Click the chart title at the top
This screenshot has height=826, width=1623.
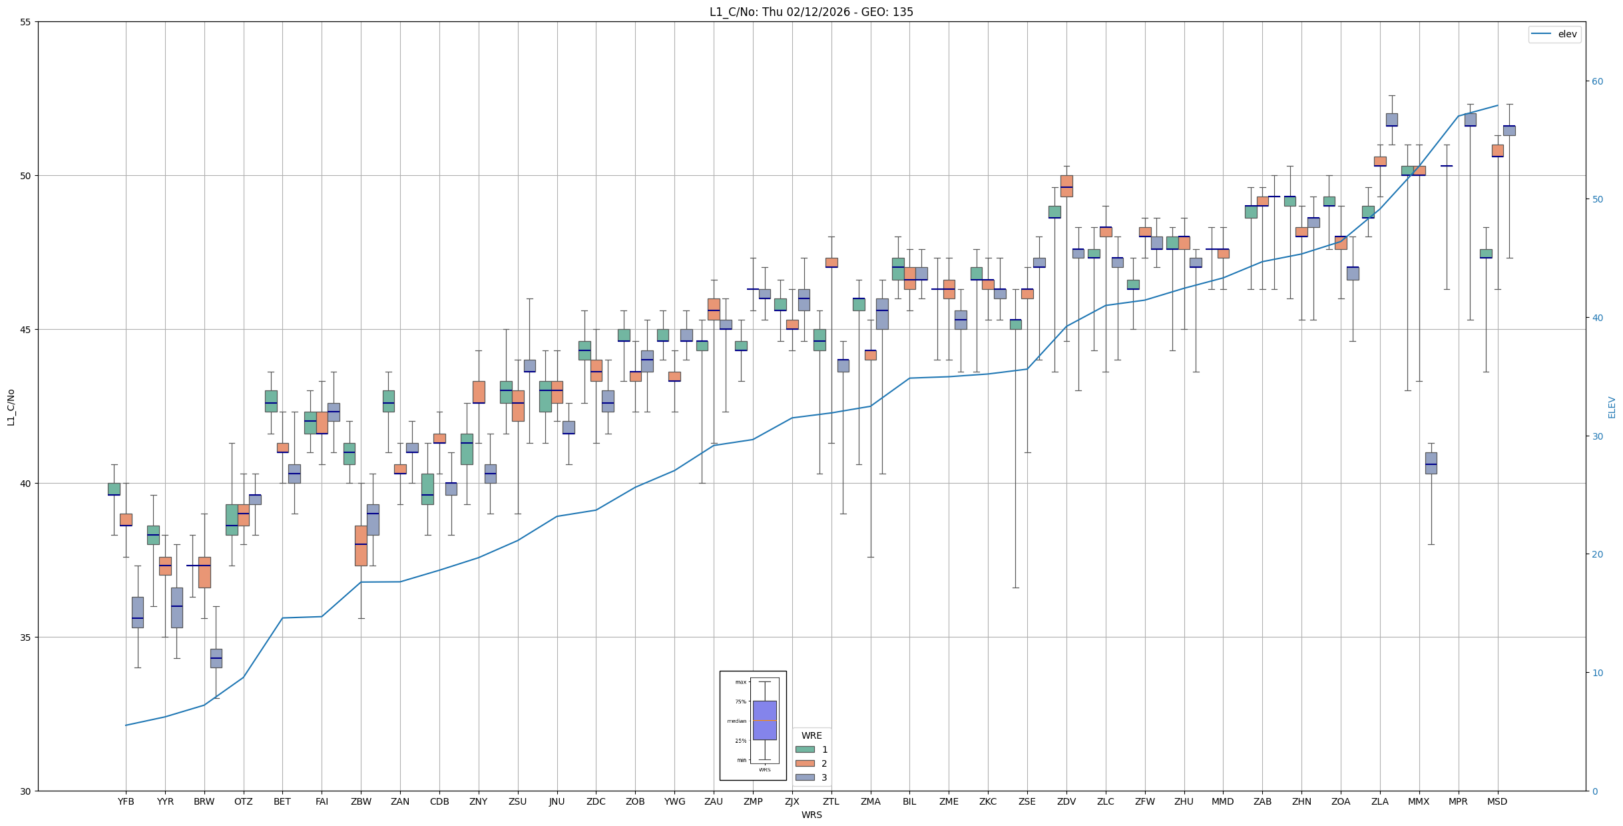click(811, 12)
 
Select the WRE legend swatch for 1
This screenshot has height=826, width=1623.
click(805, 749)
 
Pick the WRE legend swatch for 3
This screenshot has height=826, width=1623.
click(805, 777)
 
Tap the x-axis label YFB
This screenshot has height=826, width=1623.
click(126, 801)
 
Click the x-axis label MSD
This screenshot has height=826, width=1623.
click(1497, 801)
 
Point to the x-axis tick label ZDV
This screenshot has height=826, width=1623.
click(1066, 801)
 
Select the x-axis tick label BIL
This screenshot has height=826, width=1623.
click(909, 801)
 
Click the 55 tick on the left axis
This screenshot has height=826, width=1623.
click(26, 22)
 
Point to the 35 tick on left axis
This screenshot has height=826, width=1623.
click(26, 637)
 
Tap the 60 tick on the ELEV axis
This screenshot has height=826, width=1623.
click(1597, 82)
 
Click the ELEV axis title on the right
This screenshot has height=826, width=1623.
click(1612, 407)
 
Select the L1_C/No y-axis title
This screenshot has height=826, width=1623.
click(11, 407)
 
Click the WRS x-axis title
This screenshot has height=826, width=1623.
click(811, 815)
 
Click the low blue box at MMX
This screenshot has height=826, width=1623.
click(1431, 463)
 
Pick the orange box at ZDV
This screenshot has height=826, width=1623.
click(1066, 186)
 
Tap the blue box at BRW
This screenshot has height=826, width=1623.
click(216, 658)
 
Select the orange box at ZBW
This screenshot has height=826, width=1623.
click(361, 546)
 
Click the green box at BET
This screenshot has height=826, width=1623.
click(271, 401)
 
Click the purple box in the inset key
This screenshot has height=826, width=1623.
click(764, 720)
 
